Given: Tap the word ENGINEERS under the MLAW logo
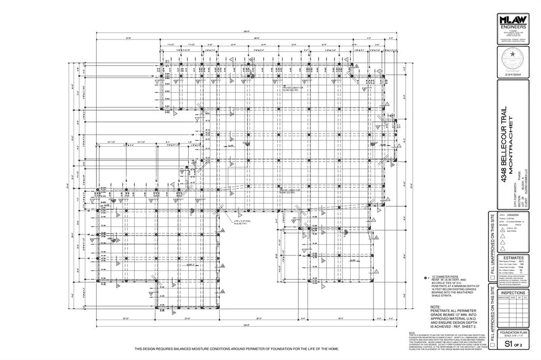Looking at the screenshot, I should [512, 26].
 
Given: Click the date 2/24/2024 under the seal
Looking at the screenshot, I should [512, 76].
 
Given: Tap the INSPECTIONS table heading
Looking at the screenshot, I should [512, 292].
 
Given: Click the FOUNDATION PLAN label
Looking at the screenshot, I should [512, 333].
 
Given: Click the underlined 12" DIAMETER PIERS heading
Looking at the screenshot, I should [445, 277].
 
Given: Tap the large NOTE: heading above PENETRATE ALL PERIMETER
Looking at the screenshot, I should [435, 307].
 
